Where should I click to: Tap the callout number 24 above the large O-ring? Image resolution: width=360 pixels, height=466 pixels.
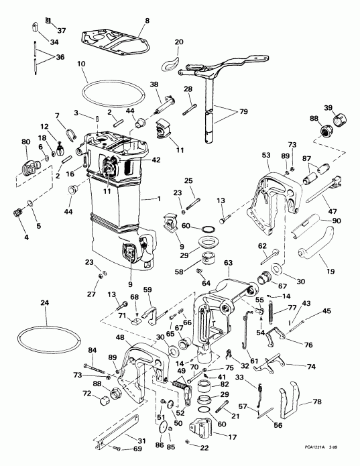pos(45,302)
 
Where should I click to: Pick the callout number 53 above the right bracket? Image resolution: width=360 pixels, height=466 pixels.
pos(266,154)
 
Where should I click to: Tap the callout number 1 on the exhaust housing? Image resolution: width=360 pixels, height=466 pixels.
pos(158,199)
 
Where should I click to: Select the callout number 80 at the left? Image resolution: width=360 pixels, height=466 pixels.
pos(26,141)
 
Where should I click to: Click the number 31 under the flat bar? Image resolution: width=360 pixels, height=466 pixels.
pos(141,440)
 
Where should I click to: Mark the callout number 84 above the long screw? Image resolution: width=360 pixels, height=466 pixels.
pos(92,350)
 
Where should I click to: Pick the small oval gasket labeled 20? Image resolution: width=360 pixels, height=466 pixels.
pos(171,64)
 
